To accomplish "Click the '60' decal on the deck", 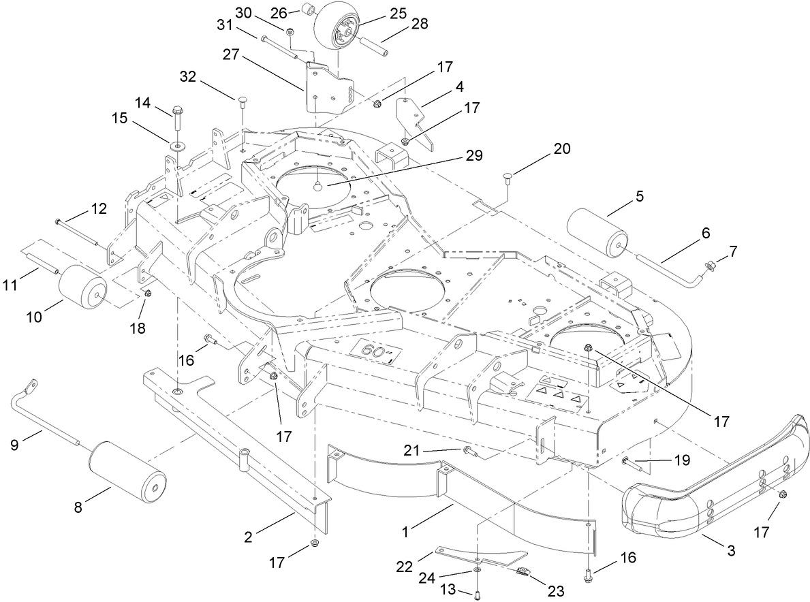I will tap(373, 352).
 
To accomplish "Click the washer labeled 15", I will tap(177, 145).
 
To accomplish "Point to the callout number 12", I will tap(99, 209).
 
